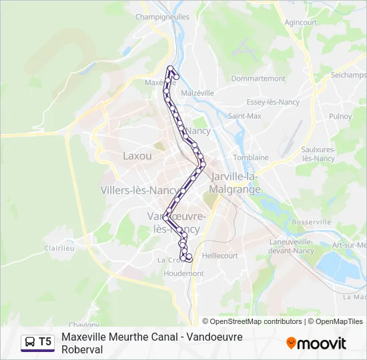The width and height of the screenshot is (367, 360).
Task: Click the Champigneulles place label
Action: tap(162, 17)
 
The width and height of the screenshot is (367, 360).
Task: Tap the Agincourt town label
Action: tap(300, 22)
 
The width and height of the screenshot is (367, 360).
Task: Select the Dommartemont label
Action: tap(258, 78)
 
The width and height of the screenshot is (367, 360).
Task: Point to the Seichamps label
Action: tap(348, 75)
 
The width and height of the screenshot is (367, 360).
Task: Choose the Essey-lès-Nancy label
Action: tap(272, 102)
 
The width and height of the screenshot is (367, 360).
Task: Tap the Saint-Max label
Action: tap(244, 115)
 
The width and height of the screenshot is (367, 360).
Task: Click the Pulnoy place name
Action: tap(340, 116)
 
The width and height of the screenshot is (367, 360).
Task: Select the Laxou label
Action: tap(137, 156)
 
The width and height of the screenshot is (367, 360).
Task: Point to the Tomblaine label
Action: tap(250, 157)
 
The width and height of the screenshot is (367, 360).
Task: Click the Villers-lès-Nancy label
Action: tap(139, 190)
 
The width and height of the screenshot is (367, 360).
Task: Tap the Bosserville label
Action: tap(311, 221)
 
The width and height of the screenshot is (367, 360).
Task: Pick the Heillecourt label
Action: tap(220, 255)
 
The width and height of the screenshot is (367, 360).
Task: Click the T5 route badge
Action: tap(37, 342)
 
